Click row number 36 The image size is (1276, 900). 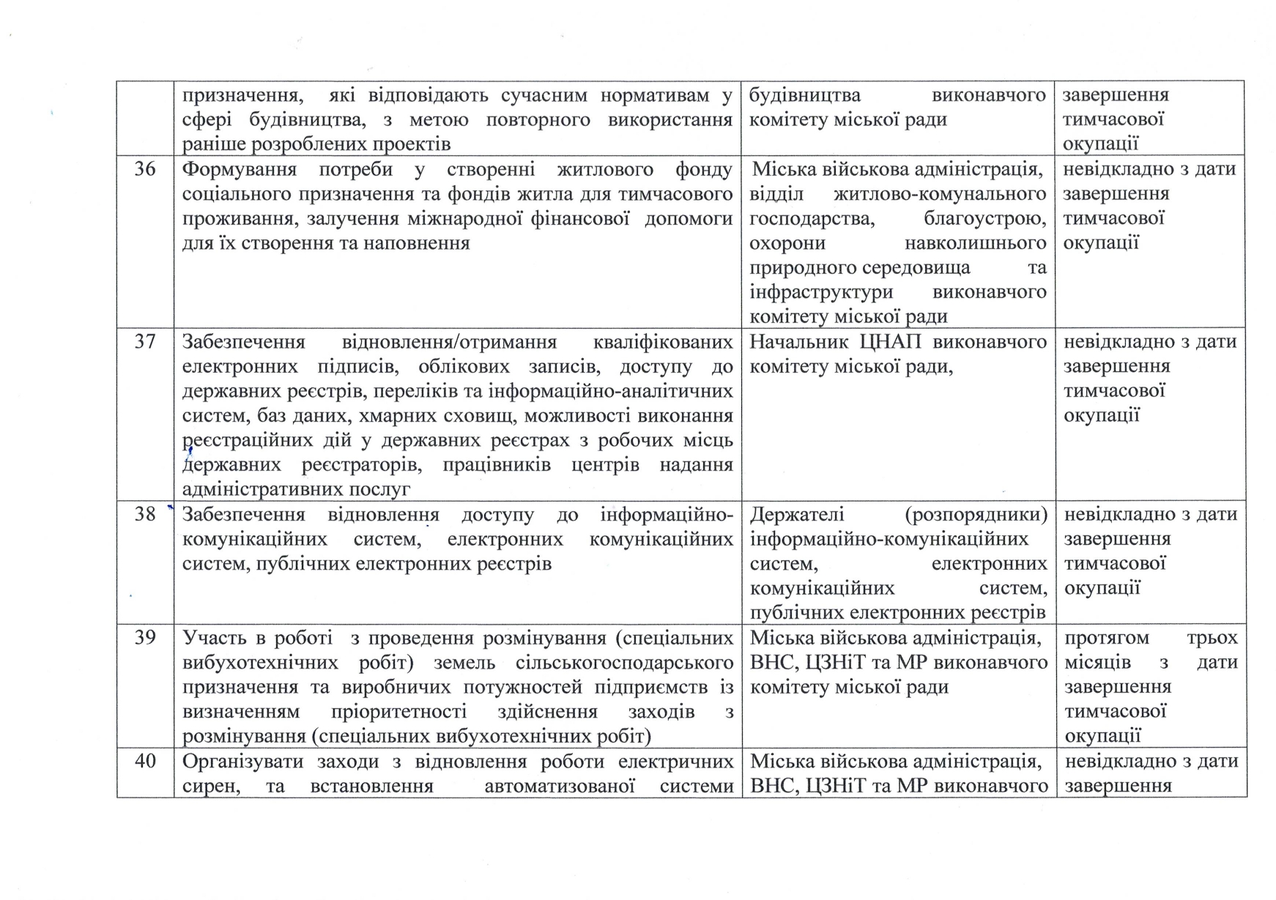coord(145,170)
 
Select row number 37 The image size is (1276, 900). coord(145,342)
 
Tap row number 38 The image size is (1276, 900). coord(145,514)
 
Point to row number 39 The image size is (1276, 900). coord(145,638)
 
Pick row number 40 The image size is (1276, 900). coord(145,762)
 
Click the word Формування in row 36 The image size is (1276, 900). coord(239,170)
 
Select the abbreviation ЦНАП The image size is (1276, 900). coord(894,342)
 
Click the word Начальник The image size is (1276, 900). coord(799,342)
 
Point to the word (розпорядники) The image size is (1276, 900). coord(976,514)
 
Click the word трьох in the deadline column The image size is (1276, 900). coord(1212,638)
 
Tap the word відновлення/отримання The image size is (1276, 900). coord(449,342)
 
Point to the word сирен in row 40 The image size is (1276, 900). coord(203,786)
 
